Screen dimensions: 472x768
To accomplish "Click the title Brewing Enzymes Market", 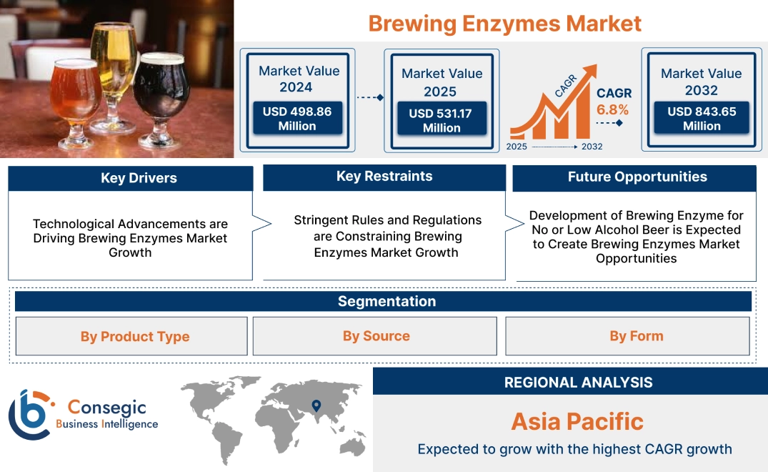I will (x=504, y=23).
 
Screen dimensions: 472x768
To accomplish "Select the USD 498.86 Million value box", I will (x=296, y=119).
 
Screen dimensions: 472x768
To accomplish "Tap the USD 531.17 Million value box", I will (x=442, y=120).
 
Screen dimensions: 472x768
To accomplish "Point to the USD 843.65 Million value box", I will (x=702, y=119).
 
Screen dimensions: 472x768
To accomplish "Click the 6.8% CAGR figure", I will (x=613, y=109).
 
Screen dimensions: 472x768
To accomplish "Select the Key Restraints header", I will (x=384, y=177).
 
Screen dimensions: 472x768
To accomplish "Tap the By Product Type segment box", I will (x=135, y=337).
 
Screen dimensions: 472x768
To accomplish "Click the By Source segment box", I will (x=376, y=336).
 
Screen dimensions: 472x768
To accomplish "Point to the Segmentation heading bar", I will (x=387, y=301).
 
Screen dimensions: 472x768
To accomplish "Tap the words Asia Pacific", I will (x=577, y=421).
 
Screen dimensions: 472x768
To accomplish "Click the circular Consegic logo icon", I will (x=29, y=414).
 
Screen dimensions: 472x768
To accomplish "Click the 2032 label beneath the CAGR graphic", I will (x=592, y=147).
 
